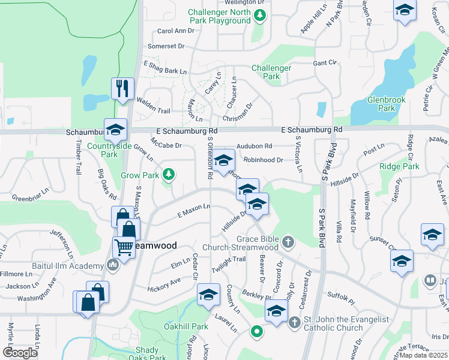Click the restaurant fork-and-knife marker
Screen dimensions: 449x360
click(x=122, y=89)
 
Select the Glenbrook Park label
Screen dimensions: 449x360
click(x=381, y=104)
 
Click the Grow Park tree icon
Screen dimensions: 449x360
click(x=169, y=174)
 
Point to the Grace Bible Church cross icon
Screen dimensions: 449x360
click(x=288, y=242)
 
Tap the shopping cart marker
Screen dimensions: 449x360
click(x=124, y=247)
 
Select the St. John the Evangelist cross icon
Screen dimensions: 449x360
click(x=294, y=323)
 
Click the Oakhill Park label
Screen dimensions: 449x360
click(x=186, y=327)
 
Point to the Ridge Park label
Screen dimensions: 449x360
click(x=399, y=166)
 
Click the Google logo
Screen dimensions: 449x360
click(x=20, y=353)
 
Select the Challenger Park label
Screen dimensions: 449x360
click(x=271, y=72)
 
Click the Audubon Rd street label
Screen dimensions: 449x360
click(x=254, y=146)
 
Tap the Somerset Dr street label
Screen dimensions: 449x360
click(x=166, y=46)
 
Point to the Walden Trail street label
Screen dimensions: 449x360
click(x=154, y=105)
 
